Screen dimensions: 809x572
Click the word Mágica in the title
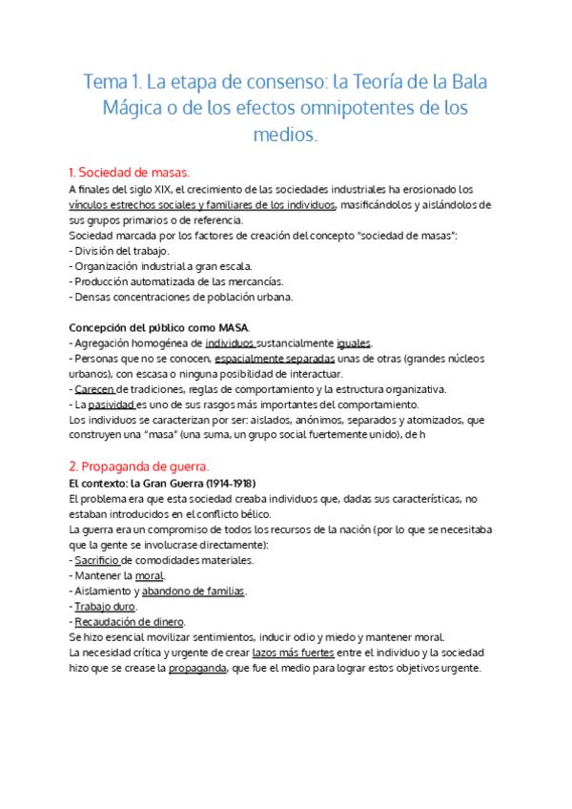click(133, 108)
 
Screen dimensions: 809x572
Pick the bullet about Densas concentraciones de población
click(181, 296)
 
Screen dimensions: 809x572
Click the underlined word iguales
click(355, 342)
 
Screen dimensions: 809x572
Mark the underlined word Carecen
click(94, 389)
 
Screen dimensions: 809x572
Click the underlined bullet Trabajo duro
click(106, 607)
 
